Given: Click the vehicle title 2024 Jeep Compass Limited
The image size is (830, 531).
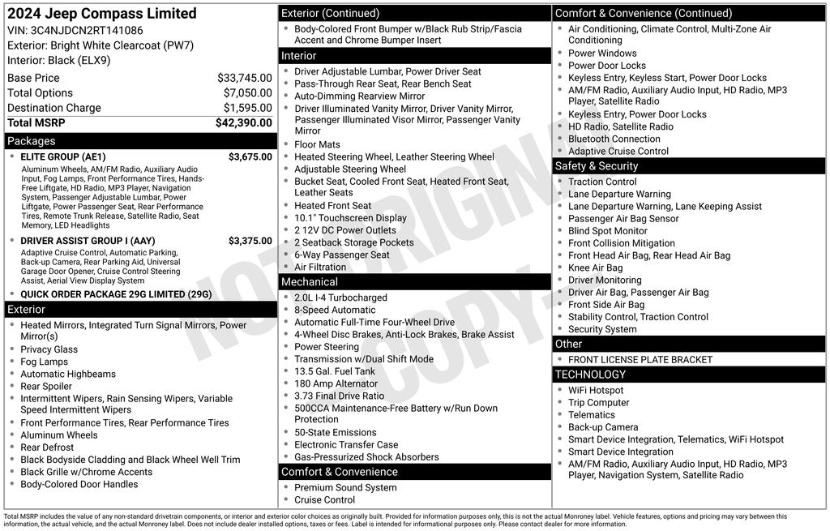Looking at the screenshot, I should tap(102, 14).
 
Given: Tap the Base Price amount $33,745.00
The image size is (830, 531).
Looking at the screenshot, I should tap(244, 78).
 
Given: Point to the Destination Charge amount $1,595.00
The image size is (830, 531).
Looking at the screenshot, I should tap(247, 108).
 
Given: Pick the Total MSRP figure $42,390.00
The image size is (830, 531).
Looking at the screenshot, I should tap(243, 123).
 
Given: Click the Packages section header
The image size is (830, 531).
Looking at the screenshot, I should tap(32, 141).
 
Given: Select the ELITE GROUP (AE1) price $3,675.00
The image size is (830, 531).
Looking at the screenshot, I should tap(250, 157).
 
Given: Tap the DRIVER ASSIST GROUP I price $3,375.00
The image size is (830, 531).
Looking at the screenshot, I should tap(250, 241).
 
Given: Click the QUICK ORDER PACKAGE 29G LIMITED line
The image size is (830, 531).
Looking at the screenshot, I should tap(115, 294).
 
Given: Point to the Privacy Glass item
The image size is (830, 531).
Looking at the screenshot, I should tap(49, 349).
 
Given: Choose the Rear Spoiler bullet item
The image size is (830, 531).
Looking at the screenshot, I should tap(46, 387).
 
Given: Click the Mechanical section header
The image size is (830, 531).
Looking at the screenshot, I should tap(309, 282).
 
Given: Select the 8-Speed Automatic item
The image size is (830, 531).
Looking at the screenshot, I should tap(335, 310).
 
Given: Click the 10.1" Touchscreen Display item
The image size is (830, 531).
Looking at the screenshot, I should tap(350, 218).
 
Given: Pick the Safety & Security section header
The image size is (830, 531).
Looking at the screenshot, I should tap(596, 166).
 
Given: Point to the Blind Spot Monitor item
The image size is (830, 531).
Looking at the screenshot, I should tap(608, 231).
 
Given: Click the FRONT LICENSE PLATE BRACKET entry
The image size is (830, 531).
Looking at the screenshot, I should tap(640, 360).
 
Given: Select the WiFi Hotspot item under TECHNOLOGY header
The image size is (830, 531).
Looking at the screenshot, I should tap(596, 391).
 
